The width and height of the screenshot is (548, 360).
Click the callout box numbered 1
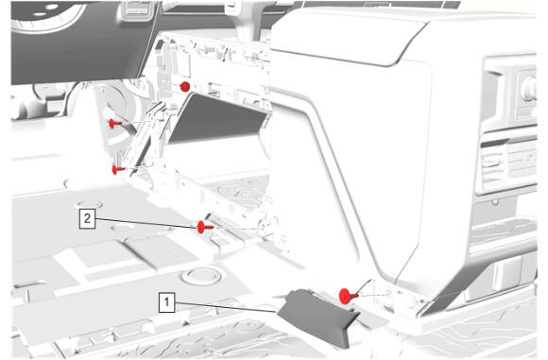pos(166,302)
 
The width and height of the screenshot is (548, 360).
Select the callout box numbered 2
pos(87,219)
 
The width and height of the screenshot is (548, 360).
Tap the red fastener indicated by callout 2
pos(205,227)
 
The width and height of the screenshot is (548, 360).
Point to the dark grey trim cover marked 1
pos(318,317)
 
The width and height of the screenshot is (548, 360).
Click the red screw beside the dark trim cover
pos(348,296)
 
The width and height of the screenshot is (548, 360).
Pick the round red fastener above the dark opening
pos(185,87)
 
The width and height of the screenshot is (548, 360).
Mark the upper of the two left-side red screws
pos(115,124)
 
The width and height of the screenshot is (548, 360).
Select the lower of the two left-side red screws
pos(118,170)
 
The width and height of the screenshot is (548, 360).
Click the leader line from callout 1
pos(226,306)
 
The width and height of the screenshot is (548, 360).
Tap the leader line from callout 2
pos(146,223)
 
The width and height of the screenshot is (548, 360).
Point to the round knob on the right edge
pos(528,87)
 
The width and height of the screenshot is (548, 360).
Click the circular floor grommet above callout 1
pos(201,275)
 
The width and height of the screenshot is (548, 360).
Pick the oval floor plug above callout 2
pos(90,204)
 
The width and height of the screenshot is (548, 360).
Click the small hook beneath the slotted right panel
pos(494,201)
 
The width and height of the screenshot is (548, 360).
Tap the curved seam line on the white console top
pos(350,56)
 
